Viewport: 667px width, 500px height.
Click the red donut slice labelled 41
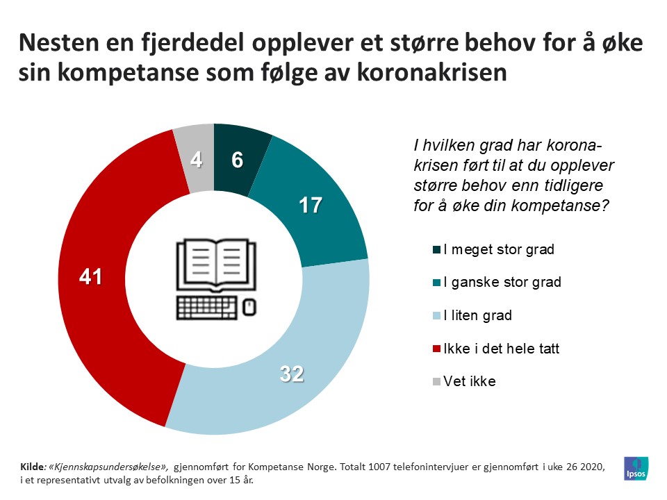[x=90, y=278]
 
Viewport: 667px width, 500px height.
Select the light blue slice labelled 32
[x=292, y=375]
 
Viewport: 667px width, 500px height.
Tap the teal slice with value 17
[x=311, y=206]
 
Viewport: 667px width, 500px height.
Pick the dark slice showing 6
[x=238, y=159]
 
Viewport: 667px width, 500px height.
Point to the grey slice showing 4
[x=196, y=160]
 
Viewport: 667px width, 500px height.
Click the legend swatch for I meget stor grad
[x=436, y=249]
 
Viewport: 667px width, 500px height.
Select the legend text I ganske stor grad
[x=502, y=283]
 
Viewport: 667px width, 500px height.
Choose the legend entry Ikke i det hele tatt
[x=501, y=349]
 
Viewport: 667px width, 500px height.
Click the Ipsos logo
[x=636, y=468]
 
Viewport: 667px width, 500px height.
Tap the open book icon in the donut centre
[x=214, y=264]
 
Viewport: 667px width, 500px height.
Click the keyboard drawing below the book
[x=206, y=306]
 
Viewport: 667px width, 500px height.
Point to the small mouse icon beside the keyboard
[x=249, y=306]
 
